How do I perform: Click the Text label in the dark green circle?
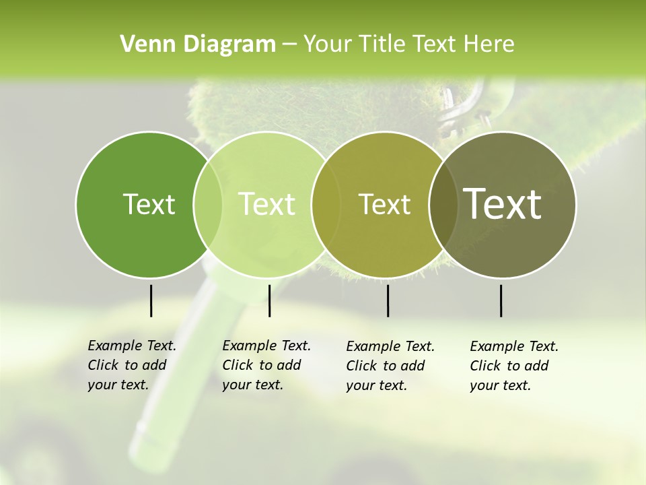click(149, 204)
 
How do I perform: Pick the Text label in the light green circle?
click(266, 204)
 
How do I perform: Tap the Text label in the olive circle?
click(384, 204)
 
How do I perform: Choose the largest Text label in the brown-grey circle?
click(503, 204)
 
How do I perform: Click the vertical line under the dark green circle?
click(151, 300)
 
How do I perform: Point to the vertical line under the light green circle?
click(269, 300)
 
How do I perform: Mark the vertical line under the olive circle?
click(388, 300)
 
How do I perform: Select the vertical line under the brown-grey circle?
click(501, 300)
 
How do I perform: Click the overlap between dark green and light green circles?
click(208, 204)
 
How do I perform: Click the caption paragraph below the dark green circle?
click(131, 365)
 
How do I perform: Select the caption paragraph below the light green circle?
click(266, 365)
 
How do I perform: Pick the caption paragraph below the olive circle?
click(390, 366)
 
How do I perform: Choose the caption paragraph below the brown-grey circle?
click(513, 366)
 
